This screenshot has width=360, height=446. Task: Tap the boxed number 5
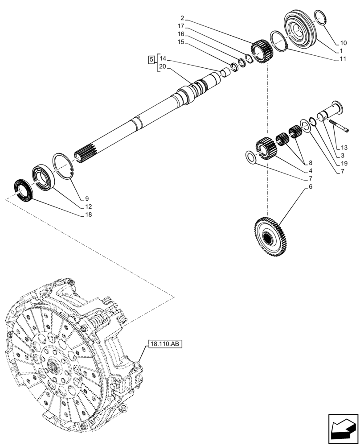[x=151, y=59]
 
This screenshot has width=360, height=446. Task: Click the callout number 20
[x=162, y=66]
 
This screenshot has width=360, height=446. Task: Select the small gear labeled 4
[x=266, y=148]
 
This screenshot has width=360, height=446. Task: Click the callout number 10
[x=343, y=43]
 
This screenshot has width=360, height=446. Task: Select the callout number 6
[x=304, y=187]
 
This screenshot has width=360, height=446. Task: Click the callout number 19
[x=344, y=163]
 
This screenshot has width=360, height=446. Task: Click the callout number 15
[x=181, y=41]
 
